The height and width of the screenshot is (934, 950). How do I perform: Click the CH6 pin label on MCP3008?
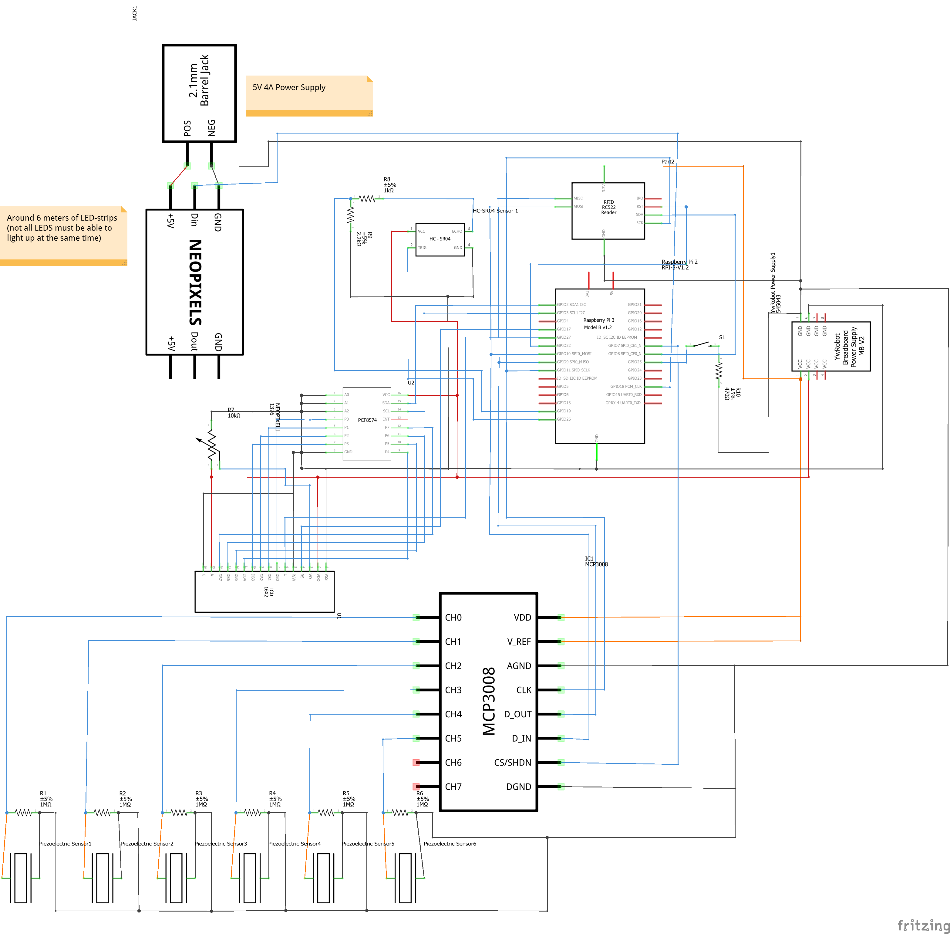[x=453, y=762]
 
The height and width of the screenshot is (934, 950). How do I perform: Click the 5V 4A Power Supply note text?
[x=289, y=87]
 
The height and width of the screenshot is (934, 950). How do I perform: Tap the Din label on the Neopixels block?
[x=194, y=220]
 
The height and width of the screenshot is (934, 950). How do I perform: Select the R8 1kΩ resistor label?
[x=389, y=185]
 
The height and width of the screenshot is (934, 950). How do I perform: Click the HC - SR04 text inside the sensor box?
[x=440, y=239]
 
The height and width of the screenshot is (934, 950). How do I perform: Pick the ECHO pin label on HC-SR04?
[x=456, y=231]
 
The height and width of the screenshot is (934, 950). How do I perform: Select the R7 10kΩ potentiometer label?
[x=234, y=413]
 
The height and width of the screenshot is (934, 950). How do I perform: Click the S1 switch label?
[x=722, y=337]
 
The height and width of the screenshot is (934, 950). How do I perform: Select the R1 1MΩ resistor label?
[x=45, y=799]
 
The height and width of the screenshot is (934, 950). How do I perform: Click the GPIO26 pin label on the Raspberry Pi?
[x=564, y=419]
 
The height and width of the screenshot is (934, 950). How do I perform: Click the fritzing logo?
[x=923, y=925]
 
